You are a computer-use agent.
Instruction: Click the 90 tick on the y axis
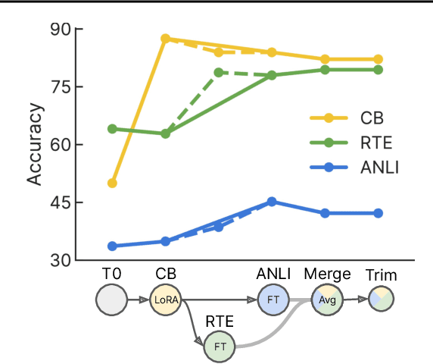pyautogui.click(x=59, y=30)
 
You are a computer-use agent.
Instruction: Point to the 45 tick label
pyautogui.click(x=59, y=202)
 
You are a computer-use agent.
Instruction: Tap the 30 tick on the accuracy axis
pyautogui.click(x=59, y=260)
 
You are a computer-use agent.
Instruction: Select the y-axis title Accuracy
pyautogui.click(x=35, y=145)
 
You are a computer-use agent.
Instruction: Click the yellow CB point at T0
pyautogui.click(x=112, y=183)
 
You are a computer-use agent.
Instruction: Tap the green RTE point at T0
pyautogui.click(x=112, y=129)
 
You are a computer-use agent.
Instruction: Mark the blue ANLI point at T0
pyautogui.click(x=112, y=246)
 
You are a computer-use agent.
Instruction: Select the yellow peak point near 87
pyautogui.click(x=166, y=38)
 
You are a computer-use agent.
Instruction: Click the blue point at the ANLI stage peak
pyautogui.click(x=272, y=202)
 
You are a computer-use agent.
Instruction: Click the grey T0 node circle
pyautogui.click(x=112, y=300)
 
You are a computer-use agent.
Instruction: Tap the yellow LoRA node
pyautogui.click(x=166, y=300)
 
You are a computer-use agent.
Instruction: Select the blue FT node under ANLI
pyautogui.click(x=273, y=300)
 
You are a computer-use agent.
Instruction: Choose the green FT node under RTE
pyautogui.click(x=220, y=347)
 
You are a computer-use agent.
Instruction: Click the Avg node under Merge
pyautogui.click(x=326, y=300)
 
